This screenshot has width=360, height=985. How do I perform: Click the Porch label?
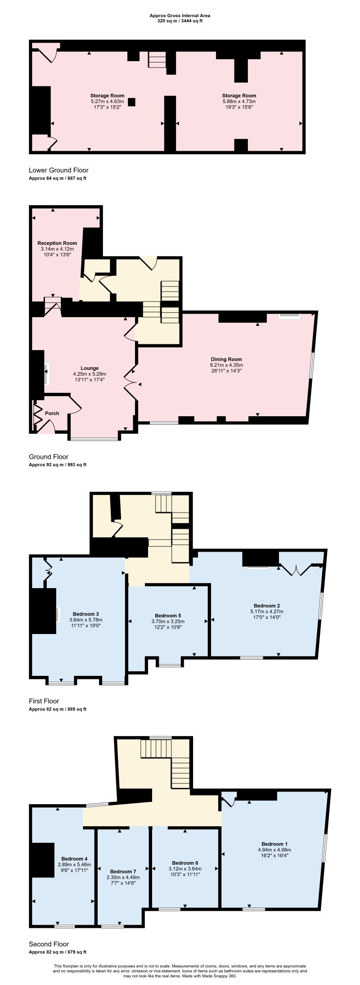click(x=52, y=413)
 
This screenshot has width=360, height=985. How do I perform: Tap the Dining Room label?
click(x=227, y=359)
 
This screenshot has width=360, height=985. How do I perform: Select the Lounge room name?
click(x=90, y=368)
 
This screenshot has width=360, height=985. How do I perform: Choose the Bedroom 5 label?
click(x=168, y=616)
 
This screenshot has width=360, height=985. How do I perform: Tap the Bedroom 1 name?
click(x=274, y=844)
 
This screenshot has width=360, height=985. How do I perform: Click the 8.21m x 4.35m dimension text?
click(x=227, y=365)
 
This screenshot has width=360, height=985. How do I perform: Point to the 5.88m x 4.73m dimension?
click(x=239, y=102)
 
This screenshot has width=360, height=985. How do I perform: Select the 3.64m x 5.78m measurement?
click(x=85, y=620)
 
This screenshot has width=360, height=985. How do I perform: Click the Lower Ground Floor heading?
click(x=58, y=170)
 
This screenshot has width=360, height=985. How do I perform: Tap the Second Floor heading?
click(x=49, y=953)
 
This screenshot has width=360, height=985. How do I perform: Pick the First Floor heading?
click(x=44, y=701)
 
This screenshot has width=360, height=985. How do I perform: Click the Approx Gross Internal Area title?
click(x=180, y=15)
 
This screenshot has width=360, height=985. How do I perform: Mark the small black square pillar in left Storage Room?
click(x=131, y=102)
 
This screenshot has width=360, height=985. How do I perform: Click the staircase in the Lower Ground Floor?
click(x=157, y=59)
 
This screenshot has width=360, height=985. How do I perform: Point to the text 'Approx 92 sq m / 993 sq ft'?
click(x=58, y=465)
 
